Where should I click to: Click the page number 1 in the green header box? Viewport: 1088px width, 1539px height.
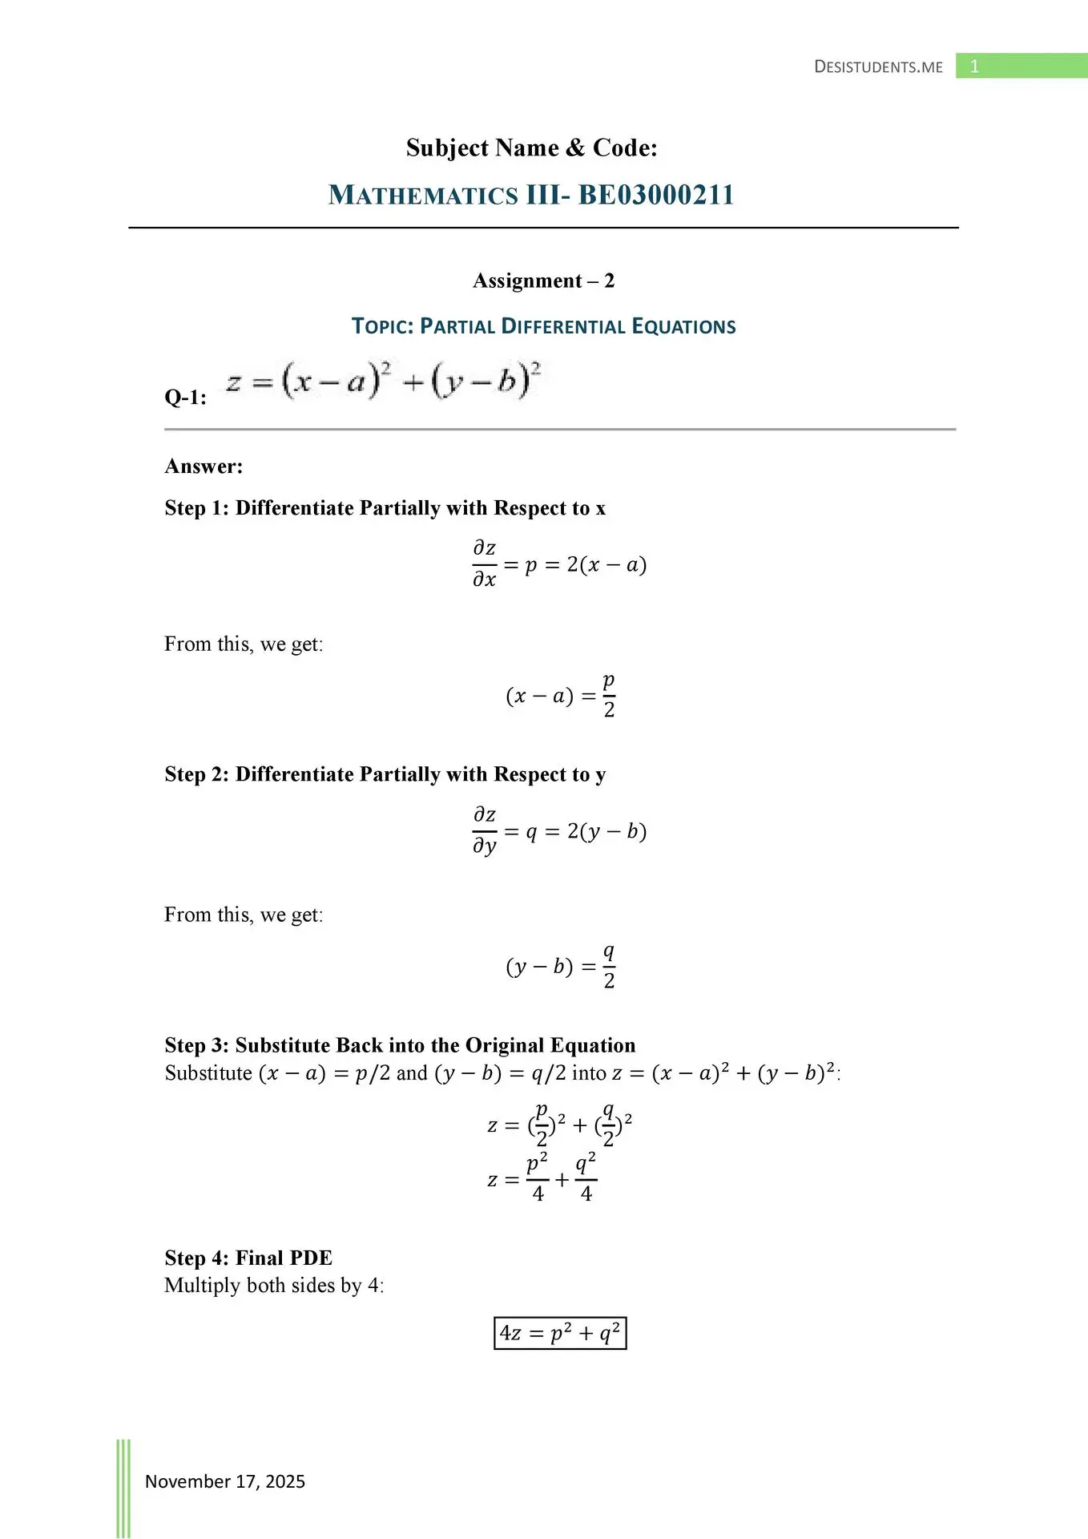(x=974, y=67)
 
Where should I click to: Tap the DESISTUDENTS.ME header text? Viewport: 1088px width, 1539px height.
(x=878, y=67)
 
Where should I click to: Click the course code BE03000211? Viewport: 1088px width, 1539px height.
(x=656, y=195)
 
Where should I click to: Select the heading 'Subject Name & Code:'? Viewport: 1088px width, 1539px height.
(x=531, y=147)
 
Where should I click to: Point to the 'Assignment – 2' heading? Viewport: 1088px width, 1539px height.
(x=543, y=281)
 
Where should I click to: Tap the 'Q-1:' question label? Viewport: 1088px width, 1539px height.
(x=185, y=398)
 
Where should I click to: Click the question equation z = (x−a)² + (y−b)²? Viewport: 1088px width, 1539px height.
(x=383, y=381)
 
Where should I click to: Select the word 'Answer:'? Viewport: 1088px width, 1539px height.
(x=203, y=467)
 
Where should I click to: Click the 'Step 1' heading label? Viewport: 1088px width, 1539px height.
(x=196, y=508)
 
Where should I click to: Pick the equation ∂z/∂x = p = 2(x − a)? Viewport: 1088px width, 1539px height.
(x=558, y=564)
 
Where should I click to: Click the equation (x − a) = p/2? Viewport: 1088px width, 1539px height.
(x=560, y=695)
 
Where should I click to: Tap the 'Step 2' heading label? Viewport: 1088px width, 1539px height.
(x=196, y=774)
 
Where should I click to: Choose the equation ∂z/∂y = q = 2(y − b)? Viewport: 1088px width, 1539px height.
(x=558, y=831)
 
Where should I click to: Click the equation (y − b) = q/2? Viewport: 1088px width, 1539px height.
(x=560, y=966)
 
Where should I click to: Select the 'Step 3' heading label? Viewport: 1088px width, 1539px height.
(x=196, y=1045)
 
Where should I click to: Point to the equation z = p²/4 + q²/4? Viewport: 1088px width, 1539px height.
(x=542, y=1178)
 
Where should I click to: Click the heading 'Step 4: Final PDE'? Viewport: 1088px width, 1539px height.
(x=248, y=1258)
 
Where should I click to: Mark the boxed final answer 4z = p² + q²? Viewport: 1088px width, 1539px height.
(x=560, y=1333)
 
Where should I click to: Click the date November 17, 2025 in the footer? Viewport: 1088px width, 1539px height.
(x=225, y=1481)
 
